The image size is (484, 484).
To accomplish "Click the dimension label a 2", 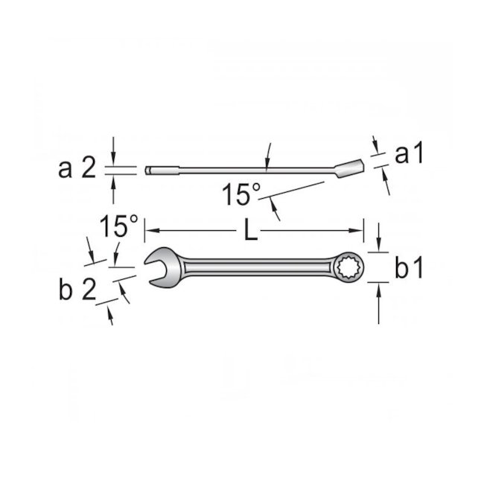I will (77, 169).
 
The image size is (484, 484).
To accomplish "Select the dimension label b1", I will (409, 268).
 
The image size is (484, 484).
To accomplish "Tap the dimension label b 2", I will (77, 289).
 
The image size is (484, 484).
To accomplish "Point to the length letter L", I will (251, 231).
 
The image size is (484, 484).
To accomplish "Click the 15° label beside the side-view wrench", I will (241, 195).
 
